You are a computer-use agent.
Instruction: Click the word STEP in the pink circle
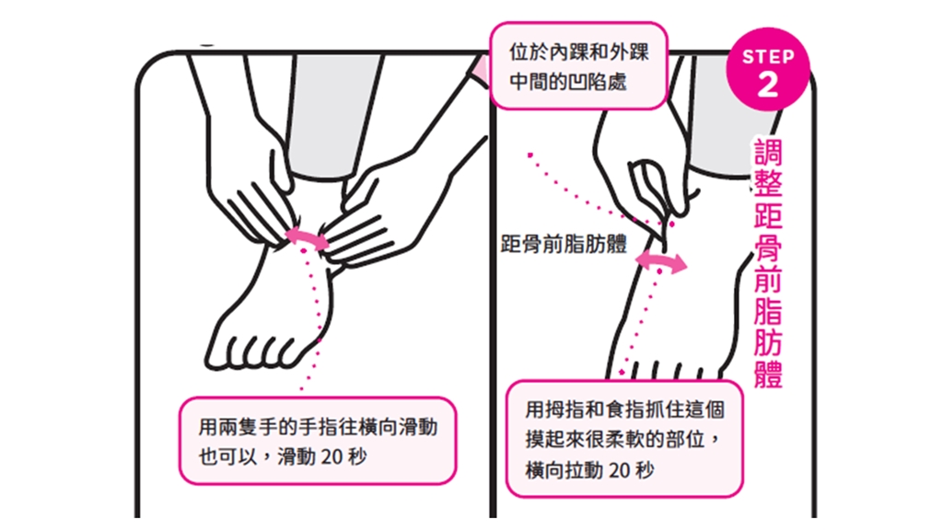(x=768, y=57)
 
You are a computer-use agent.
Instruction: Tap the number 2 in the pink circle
(x=768, y=85)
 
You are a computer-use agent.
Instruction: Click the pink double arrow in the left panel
(x=307, y=238)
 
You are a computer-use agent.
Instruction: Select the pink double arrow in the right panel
(x=661, y=261)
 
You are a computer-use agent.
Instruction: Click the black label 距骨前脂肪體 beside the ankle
(x=564, y=244)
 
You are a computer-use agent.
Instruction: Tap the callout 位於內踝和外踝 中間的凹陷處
(x=578, y=66)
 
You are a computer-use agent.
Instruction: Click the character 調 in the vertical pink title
(x=768, y=153)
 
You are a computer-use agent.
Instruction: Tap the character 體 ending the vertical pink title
(x=768, y=374)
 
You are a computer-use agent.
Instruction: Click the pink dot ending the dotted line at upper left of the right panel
(x=530, y=155)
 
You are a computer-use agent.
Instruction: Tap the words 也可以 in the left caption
(x=219, y=457)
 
